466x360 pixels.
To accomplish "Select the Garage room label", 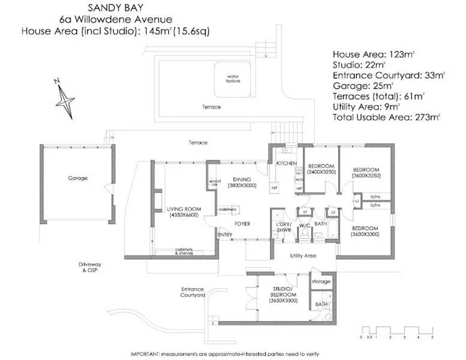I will pos(77,178).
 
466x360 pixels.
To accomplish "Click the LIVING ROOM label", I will pos(183,211).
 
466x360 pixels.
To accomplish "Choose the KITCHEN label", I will pos(285,163).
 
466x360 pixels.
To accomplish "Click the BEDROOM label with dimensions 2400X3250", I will pos(319,169).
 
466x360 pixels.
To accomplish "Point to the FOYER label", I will pos(242,224).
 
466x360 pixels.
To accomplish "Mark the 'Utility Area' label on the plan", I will pos(303,256).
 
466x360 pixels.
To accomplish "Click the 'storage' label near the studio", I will pos(321,281).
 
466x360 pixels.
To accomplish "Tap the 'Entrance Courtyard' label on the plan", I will pos(193,292).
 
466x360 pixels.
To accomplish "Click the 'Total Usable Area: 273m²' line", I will pos(388,117).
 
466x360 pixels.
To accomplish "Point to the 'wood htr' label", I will pos(214,182).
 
